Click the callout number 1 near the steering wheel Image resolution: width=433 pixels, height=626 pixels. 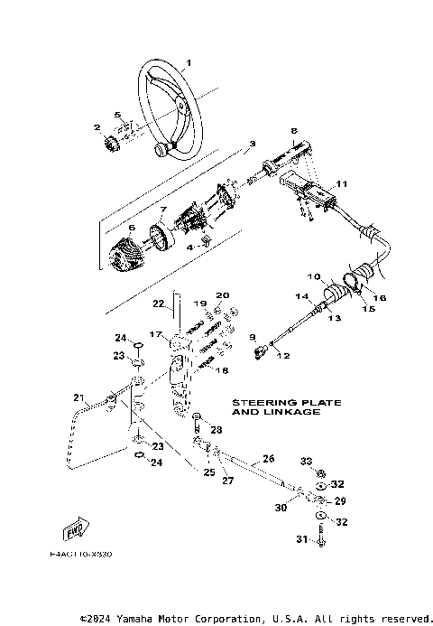(189, 62)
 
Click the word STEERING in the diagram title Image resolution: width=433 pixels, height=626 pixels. (258, 402)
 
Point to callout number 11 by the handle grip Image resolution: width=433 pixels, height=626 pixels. (340, 184)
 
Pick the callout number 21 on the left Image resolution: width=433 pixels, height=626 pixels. (78, 397)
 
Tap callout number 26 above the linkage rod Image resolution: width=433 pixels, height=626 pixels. (267, 458)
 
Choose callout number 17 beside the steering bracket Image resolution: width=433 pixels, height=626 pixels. (155, 334)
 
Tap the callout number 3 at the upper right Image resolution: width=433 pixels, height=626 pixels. (252, 143)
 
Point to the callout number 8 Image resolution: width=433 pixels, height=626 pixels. (293, 131)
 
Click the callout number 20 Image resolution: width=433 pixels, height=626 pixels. (223, 295)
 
